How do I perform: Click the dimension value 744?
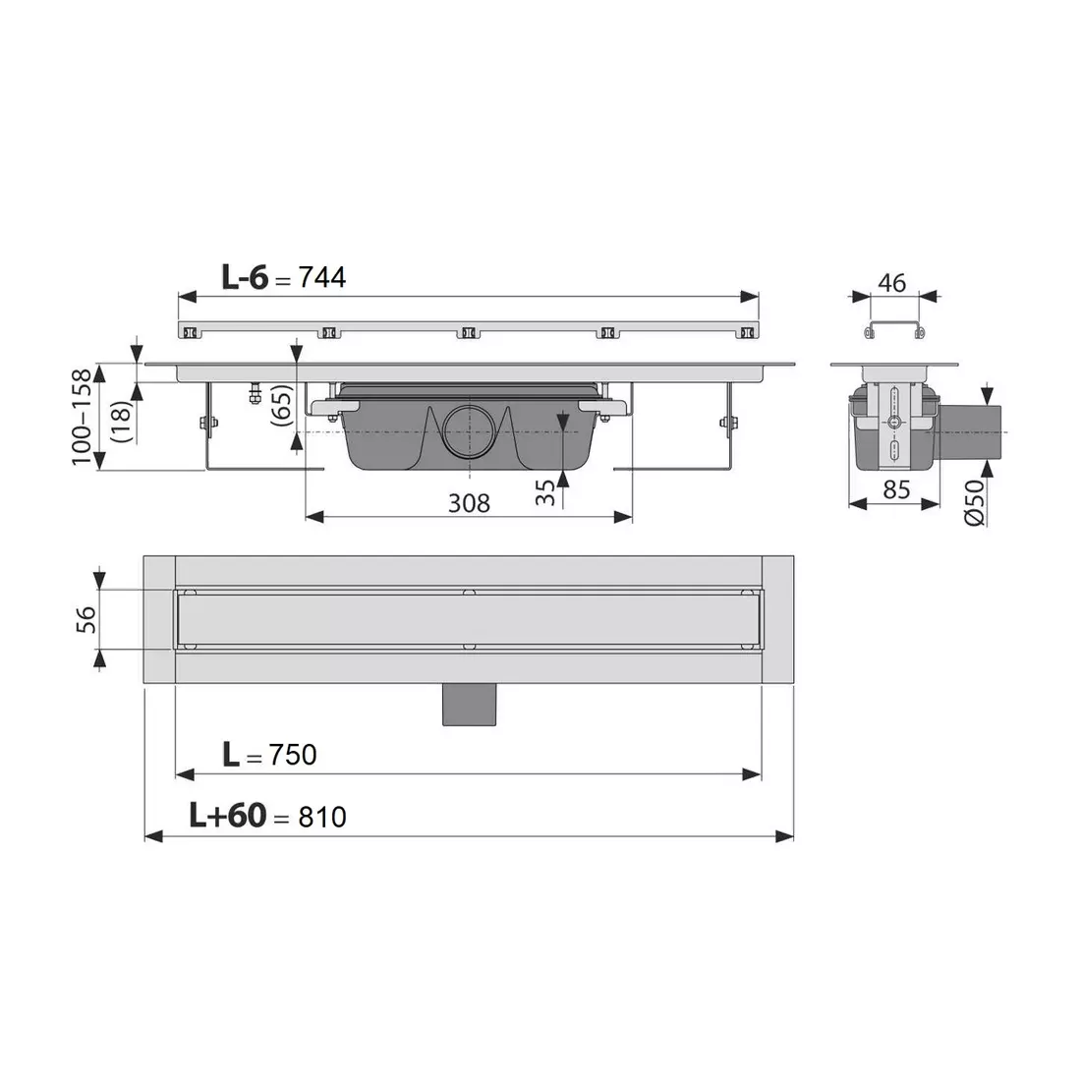[322, 278]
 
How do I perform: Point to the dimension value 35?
[546, 492]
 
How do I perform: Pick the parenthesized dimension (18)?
[121, 412]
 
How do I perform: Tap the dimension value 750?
[292, 754]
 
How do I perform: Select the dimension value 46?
[891, 283]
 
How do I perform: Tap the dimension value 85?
[895, 489]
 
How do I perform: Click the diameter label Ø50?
[974, 504]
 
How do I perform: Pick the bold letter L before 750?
[230, 754]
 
